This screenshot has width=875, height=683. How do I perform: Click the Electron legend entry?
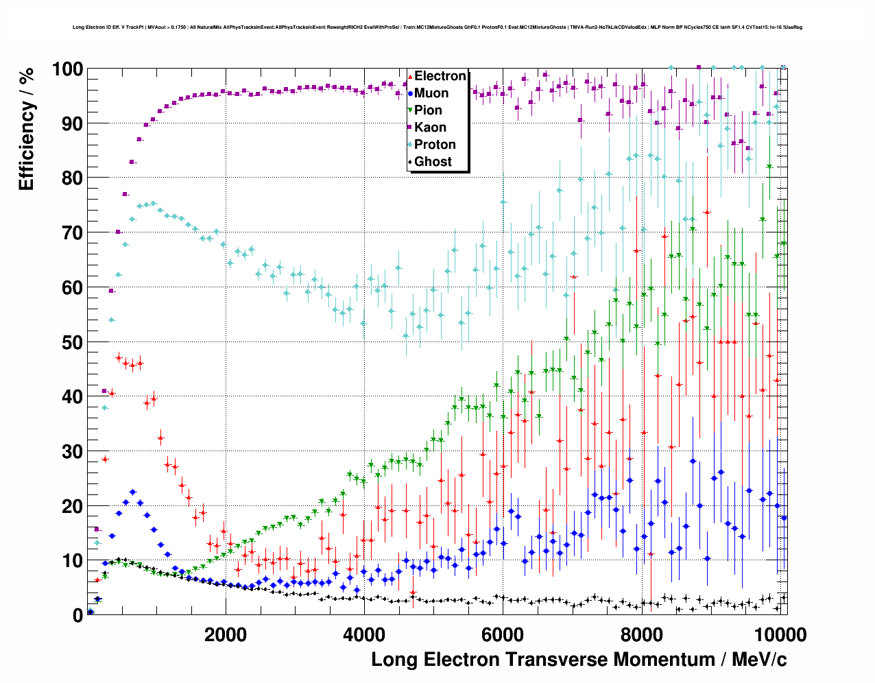pyautogui.click(x=440, y=76)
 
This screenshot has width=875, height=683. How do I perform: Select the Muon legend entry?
pyautogui.click(x=431, y=93)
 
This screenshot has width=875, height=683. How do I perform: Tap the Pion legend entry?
pyautogui.click(x=428, y=110)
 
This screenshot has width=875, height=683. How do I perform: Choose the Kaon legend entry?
pyautogui.click(x=430, y=128)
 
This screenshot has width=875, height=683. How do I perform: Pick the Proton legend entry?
pyautogui.click(x=435, y=145)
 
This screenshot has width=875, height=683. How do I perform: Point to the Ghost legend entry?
pyautogui.click(x=433, y=162)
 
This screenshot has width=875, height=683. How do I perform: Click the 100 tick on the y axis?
pyautogui.click(x=67, y=69)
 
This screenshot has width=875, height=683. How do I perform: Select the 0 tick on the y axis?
pyautogui.click(x=77, y=615)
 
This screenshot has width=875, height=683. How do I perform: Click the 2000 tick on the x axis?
pyautogui.click(x=225, y=634)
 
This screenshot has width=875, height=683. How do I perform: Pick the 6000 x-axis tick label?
pyautogui.click(x=503, y=634)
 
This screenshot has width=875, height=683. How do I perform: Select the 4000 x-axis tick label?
pyautogui.click(x=364, y=634)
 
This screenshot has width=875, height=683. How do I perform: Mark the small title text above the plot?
pyautogui.click(x=438, y=27)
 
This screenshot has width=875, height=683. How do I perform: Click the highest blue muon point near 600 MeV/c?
pyautogui.click(x=132, y=492)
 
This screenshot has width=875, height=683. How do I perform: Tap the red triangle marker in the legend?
pyautogui.click(x=410, y=76)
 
